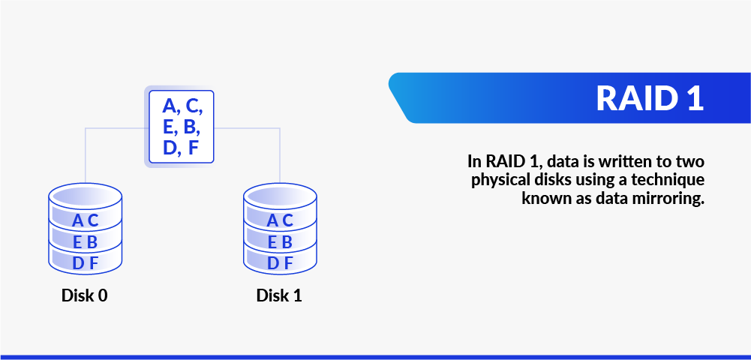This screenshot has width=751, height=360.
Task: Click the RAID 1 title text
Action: tap(650, 98)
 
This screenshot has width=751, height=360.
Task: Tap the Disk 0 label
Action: tap(85, 295)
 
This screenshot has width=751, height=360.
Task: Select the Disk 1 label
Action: tap(279, 295)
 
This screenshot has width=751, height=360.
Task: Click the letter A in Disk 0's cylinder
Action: tap(78, 220)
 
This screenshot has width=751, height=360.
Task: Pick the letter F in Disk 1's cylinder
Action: tap(287, 263)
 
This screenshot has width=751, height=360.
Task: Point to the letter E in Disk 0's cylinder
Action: tap(78, 242)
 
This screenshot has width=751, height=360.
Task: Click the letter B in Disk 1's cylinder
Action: tap(287, 242)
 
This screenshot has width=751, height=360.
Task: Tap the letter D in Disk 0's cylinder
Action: tap(78, 263)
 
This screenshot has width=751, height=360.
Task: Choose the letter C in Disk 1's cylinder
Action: tap(287, 220)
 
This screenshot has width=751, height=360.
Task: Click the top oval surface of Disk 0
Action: tap(85, 196)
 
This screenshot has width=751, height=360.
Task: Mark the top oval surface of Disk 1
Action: tap(280, 196)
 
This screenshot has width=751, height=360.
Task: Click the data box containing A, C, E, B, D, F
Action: tap(182, 126)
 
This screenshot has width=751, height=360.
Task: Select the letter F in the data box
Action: tap(193, 148)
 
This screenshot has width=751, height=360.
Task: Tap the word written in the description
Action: tap(614, 160)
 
